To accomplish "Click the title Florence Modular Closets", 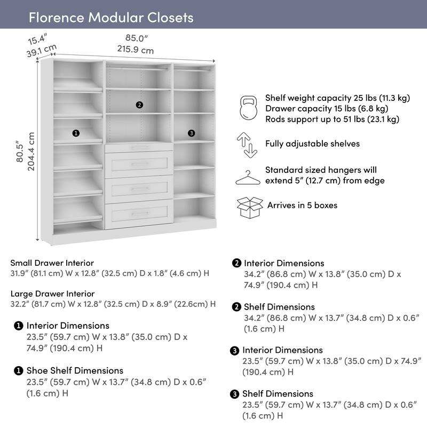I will click(x=110, y=17).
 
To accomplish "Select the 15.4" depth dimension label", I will click(x=38, y=39).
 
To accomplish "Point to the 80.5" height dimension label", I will click(x=20, y=151).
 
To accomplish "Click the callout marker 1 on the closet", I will click(x=76, y=133).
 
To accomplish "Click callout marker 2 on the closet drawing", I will click(x=139, y=105).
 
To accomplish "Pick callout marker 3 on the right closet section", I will click(x=191, y=133).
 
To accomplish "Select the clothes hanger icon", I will click(x=248, y=177).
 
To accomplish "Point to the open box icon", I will click(x=249, y=207).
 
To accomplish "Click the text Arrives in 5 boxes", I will click(x=302, y=205).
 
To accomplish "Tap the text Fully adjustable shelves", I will click(x=312, y=144).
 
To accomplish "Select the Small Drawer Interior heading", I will click(x=52, y=263).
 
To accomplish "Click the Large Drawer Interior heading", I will click(x=53, y=294).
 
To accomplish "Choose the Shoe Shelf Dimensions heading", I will click(x=75, y=370).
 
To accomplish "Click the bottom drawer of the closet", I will click(x=139, y=213).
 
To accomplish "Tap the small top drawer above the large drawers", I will click(x=139, y=147).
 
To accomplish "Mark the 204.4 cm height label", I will click(x=31, y=151).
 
